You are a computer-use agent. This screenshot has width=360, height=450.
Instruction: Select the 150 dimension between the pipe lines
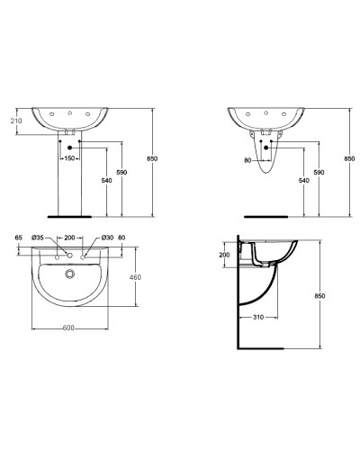pyautogui.click(x=70, y=158)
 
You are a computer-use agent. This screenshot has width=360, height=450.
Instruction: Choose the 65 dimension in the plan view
pyautogui.click(x=17, y=238)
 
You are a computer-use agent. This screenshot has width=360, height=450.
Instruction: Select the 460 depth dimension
pyautogui.click(x=136, y=277)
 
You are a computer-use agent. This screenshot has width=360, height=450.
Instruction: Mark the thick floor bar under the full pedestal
pyautogui.click(x=70, y=217)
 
